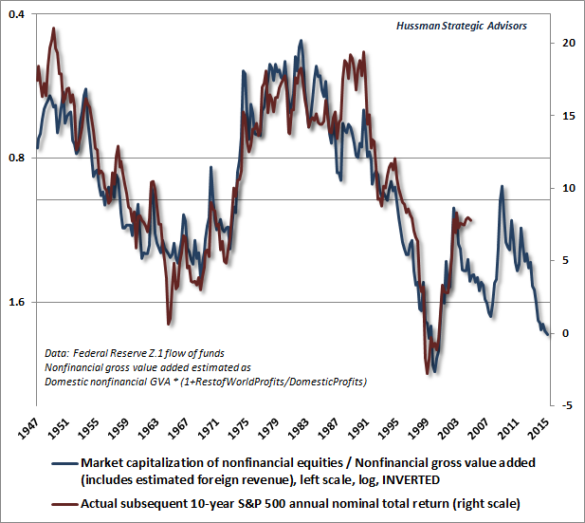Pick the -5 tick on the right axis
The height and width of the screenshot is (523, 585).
click(x=565, y=405)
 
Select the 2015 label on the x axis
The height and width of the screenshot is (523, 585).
click(x=539, y=429)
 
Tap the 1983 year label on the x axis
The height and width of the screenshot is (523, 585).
click(x=298, y=429)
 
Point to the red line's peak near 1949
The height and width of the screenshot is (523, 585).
click(x=53, y=28)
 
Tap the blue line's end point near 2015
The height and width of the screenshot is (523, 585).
click(x=547, y=334)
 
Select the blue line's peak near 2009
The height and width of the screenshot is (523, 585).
click(x=502, y=187)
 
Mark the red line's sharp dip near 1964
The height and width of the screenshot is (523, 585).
click(x=169, y=323)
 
